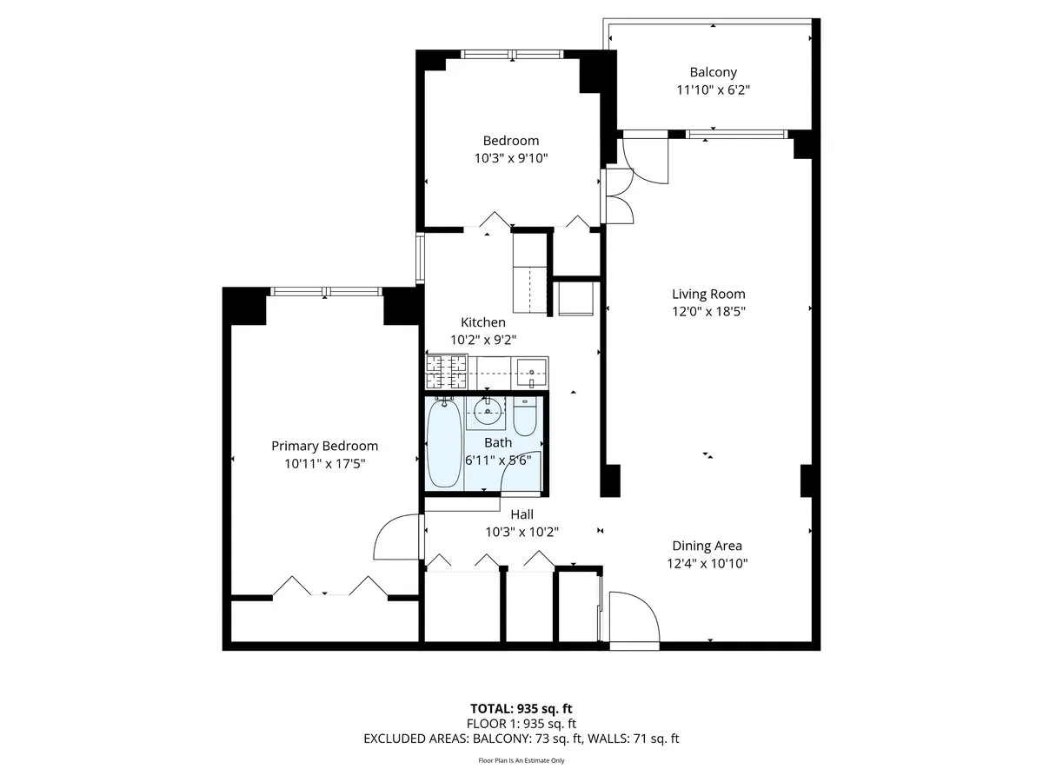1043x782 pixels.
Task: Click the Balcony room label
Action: [x=713, y=73]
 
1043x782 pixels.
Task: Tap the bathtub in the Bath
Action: [x=444, y=443]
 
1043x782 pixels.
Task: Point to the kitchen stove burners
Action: [x=447, y=374]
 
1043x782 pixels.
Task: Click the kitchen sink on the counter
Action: [x=531, y=375]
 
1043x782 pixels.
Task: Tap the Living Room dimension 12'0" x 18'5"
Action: [x=708, y=311]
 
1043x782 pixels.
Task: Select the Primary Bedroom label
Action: [x=324, y=446]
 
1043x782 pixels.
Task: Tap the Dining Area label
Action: [x=707, y=546]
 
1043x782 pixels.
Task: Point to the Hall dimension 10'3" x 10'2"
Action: [x=521, y=532]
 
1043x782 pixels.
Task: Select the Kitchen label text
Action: [x=483, y=322]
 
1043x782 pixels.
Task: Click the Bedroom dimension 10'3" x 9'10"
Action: [x=511, y=158]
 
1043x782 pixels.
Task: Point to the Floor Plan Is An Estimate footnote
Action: [x=521, y=760]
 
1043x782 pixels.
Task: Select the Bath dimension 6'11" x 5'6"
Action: [x=498, y=461]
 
